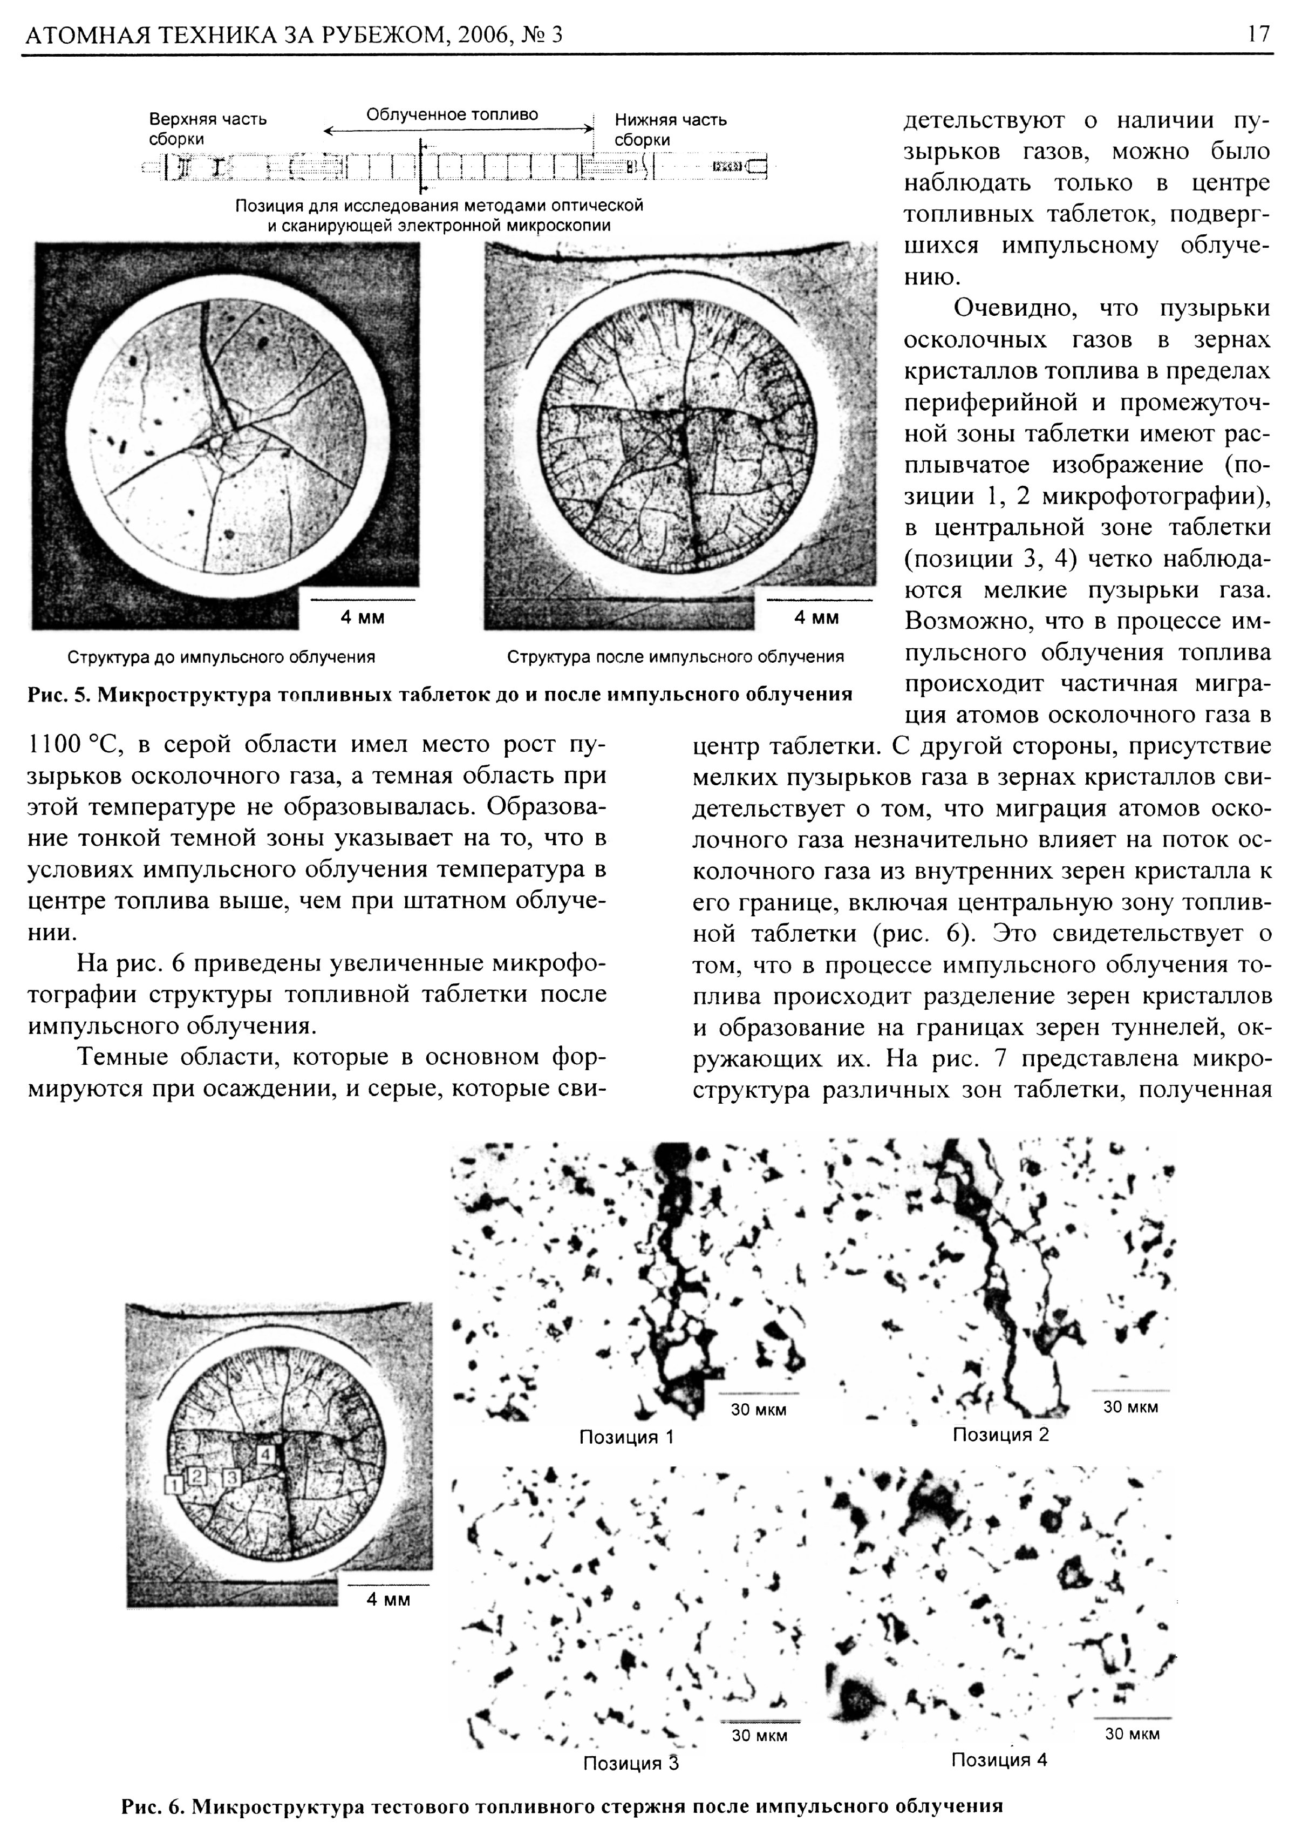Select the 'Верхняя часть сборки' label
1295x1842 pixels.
pyautogui.click(x=208, y=129)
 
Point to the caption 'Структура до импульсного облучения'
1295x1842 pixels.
pyautogui.click(x=221, y=657)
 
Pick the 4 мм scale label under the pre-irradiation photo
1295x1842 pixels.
pyautogui.click(x=363, y=618)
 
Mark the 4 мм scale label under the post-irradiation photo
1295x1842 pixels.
pyautogui.click(x=816, y=618)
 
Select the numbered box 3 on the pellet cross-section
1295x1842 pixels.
pyautogui.click(x=231, y=1476)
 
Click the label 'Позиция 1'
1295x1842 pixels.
pyautogui.click(x=626, y=1437)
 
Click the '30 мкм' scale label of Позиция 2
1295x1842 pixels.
pyautogui.click(x=1130, y=1406)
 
